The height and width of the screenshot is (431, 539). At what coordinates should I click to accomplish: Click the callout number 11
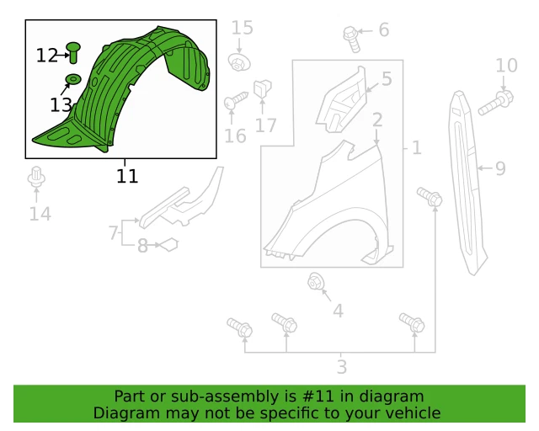tap(127, 176)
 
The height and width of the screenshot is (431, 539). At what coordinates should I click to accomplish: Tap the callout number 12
tap(46, 56)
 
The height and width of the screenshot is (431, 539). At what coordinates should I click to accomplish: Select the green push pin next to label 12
tap(72, 52)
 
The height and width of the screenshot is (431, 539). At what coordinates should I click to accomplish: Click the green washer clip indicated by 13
tap(72, 80)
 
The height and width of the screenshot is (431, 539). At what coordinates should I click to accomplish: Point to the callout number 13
tap(61, 105)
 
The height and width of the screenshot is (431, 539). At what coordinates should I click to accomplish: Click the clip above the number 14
tap(36, 178)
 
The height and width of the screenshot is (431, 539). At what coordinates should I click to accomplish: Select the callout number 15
tap(242, 29)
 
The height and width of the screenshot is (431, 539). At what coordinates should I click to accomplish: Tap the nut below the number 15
tap(241, 63)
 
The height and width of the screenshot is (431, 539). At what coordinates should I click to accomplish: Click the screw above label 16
tap(233, 103)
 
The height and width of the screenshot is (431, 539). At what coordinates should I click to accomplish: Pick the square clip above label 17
tap(262, 87)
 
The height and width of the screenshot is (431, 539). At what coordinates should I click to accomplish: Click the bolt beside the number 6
tap(351, 35)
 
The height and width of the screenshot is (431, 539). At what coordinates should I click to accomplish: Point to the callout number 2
tap(377, 120)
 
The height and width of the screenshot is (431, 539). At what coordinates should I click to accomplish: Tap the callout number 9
tap(500, 169)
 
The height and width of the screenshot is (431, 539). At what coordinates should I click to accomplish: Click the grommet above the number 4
tap(318, 282)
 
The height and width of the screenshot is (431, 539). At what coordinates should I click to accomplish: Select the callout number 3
tap(341, 367)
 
